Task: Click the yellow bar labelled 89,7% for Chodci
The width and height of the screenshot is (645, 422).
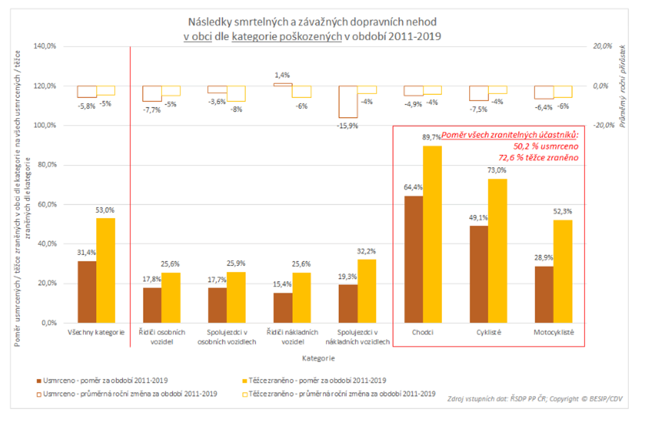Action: pyautogui.click(x=432, y=234)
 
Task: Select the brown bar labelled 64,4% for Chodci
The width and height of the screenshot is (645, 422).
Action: pyautogui.click(x=414, y=259)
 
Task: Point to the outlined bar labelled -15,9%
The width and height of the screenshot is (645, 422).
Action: pyautogui.click(x=348, y=102)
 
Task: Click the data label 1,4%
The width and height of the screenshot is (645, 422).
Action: pyautogui.click(x=282, y=75)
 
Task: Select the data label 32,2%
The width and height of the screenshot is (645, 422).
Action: pyautogui.click(x=366, y=251)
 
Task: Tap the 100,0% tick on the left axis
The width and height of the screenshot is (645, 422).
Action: pyautogui.click(x=45, y=125)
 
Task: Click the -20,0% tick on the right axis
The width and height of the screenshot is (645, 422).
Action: pyautogui.click(x=604, y=125)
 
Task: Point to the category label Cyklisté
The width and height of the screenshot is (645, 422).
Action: pyautogui.click(x=489, y=332)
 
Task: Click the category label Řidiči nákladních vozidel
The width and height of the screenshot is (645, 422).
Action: pyautogui.click(x=292, y=337)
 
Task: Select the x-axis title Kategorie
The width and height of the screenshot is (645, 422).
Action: pyautogui.click(x=318, y=358)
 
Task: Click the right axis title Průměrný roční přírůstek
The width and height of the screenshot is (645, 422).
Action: pyautogui.click(x=623, y=86)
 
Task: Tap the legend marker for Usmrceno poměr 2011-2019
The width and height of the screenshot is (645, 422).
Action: pyautogui.click(x=39, y=381)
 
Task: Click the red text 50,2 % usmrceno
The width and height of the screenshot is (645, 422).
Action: pyautogui.click(x=546, y=147)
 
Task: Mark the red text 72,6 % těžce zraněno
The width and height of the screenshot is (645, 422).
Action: pyautogui.click(x=538, y=158)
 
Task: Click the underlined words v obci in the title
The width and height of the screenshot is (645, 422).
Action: pyautogui.click(x=198, y=36)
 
